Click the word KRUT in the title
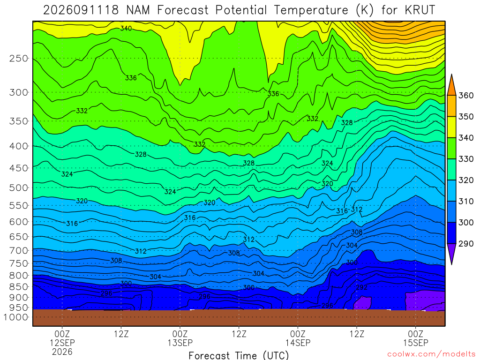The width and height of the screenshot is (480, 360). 420,10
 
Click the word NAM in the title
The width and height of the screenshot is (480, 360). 138,10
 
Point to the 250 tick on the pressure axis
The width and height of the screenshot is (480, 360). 19,58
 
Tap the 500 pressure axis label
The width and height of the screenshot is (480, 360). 19,187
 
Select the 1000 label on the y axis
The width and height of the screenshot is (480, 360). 16,317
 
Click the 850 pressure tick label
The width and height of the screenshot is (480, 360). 19,287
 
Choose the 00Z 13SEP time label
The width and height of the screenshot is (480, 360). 180,338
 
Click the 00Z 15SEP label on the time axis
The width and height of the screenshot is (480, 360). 416,338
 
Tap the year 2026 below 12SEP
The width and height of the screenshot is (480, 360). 62,352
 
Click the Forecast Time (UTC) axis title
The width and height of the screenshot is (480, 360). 239,355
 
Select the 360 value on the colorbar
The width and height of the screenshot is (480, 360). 465,96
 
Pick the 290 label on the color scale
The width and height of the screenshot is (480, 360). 465,244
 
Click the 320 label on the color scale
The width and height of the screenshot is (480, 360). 465,180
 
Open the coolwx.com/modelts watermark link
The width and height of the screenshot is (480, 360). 431,354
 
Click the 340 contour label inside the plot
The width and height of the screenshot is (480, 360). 126,29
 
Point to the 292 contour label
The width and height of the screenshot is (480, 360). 361,287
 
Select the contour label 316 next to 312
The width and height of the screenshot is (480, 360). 342,210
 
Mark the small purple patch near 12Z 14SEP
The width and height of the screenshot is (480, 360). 363,303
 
